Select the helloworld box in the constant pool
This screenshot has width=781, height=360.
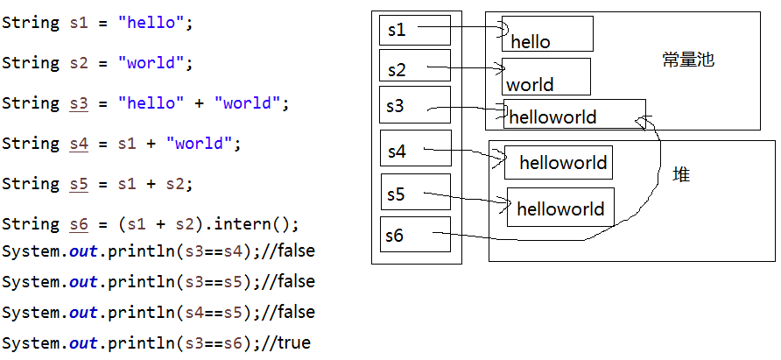tap(574, 115)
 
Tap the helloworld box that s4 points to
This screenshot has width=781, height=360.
tap(558, 163)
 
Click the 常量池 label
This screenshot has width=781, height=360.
tap(688, 60)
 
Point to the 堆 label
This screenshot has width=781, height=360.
tap(680, 175)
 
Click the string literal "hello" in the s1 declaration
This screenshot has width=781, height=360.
tap(151, 23)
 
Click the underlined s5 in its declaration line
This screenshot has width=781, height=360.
tap(80, 184)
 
